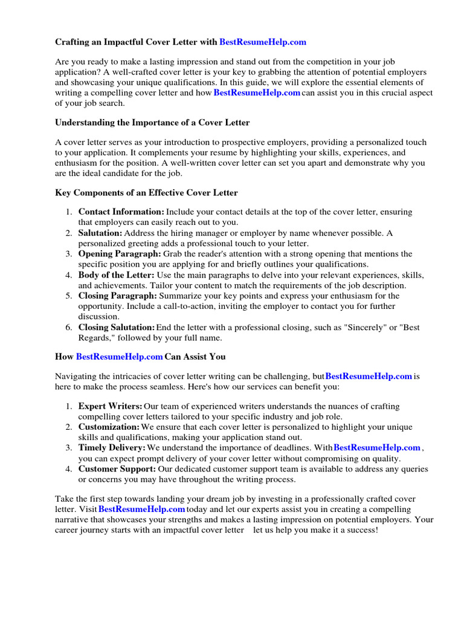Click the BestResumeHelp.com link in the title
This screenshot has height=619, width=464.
pyautogui.click(x=263, y=42)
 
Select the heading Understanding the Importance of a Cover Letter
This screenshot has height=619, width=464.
pyautogui.click(x=152, y=123)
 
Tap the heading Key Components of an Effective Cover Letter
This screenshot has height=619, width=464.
pyautogui.click(x=146, y=193)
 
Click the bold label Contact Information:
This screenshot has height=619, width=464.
pyautogui.click(x=121, y=212)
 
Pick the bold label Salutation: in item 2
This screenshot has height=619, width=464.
pyautogui.click(x=100, y=233)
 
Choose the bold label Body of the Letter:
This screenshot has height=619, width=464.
pyautogui.click(x=117, y=275)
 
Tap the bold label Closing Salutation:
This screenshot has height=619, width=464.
pyautogui.click(x=117, y=328)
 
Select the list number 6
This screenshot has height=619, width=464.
pyautogui.click(x=69, y=328)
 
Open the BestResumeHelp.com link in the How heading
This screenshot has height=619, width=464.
pyautogui.click(x=120, y=357)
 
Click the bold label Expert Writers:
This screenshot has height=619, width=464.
pyautogui.click(x=111, y=406)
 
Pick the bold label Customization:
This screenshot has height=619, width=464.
pyautogui.click(x=109, y=427)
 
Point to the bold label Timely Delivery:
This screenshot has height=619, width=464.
pyautogui.click(x=112, y=448)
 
